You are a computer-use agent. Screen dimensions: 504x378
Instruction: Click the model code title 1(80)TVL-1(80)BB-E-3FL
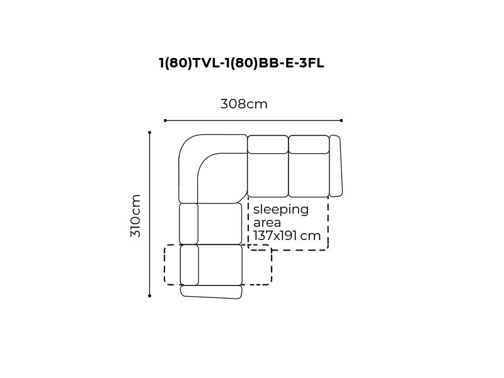tap(242, 63)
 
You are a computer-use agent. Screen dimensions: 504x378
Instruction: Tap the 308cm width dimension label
tap(244, 104)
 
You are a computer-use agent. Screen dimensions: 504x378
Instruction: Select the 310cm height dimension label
tap(135, 215)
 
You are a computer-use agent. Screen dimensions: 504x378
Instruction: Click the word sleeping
tap(281, 210)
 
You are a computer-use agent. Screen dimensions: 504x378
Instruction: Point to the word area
tap(267, 222)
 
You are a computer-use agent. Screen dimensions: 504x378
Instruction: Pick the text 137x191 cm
tap(287, 236)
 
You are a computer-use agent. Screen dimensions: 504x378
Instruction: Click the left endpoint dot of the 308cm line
tap(165, 120)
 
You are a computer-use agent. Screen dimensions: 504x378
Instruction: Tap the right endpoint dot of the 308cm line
tap(341, 120)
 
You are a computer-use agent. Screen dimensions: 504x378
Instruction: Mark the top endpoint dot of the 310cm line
tap(149, 132)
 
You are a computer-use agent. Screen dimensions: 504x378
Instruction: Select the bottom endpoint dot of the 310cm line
tap(149, 295)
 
